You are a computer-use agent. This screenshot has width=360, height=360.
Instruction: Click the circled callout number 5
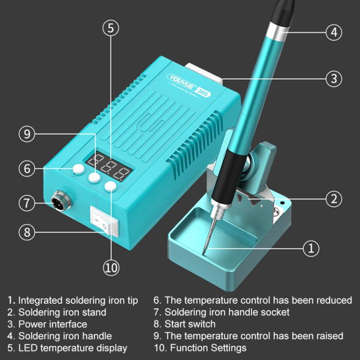(111, 28)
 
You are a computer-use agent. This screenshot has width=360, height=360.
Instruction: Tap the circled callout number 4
(334, 33)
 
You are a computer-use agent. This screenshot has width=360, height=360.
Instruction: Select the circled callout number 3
(334, 77)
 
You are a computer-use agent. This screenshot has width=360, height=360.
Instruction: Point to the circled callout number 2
(334, 198)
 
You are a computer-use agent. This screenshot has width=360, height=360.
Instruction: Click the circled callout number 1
(311, 248)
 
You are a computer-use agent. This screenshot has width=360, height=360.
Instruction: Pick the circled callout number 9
(27, 134)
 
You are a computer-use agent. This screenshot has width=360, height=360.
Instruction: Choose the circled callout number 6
(27, 168)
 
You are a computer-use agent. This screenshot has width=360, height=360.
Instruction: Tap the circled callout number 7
(27, 202)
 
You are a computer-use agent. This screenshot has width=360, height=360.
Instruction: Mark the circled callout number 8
(27, 232)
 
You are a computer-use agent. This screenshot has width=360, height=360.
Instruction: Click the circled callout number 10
(111, 267)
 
